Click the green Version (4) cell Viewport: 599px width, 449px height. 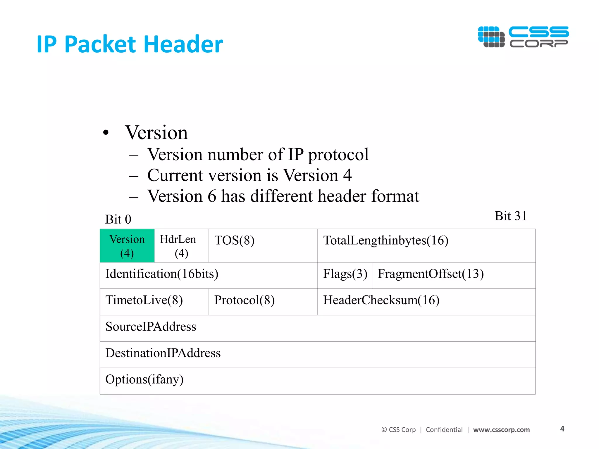(127, 246)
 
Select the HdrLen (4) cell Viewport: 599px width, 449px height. (181, 246)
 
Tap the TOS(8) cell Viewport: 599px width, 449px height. (263, 246)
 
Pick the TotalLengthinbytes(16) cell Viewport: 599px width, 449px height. (426, 246)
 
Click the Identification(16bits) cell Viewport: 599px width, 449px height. (209, 275)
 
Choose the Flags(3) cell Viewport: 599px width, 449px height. (345, 275)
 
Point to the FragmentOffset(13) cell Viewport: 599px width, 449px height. (454, 275)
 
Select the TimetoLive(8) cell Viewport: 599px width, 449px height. (154, 301)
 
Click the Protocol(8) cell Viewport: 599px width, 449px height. (263, 301)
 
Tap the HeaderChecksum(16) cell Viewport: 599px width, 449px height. (426, 301)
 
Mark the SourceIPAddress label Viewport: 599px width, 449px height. (151, 327)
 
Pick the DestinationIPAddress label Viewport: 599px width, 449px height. (163, 353)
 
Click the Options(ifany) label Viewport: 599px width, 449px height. (144, 379)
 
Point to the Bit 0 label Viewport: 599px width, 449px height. (118, 219)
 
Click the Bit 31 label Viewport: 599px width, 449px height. (510, 216)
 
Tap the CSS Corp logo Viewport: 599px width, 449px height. (523, 37)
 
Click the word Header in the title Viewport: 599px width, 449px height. (183, 44)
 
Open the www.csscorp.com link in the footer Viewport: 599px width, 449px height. (501, 430)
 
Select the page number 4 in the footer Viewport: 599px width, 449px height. (562, 429)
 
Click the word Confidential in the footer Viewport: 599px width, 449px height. (444, 430)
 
